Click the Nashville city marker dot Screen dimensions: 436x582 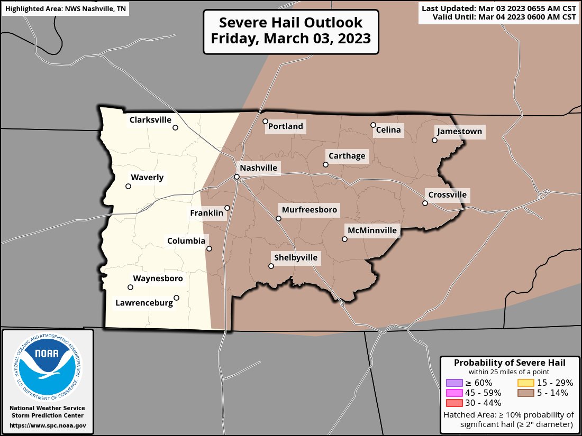point(237,177)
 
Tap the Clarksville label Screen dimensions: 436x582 point(150,120)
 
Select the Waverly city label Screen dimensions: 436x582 point(147,178)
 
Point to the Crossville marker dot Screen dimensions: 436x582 point(425,203)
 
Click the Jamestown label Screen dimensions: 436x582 point(459,132)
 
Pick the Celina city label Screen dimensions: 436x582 point(388,130)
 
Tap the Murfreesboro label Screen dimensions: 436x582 point(310,210)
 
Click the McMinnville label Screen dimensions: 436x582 point(371,230)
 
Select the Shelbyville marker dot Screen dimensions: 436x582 point(271,266)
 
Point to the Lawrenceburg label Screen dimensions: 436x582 point(144,303)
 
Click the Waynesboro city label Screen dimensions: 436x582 point(158,279)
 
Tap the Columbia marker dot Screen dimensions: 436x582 point(209,248)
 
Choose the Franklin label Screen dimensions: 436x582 point(207,213)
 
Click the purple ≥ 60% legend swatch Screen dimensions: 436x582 point(454,383)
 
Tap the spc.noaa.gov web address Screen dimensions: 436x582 point(48,425)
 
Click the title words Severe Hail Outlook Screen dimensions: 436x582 point(290,23)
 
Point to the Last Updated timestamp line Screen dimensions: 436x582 point(498,8)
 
